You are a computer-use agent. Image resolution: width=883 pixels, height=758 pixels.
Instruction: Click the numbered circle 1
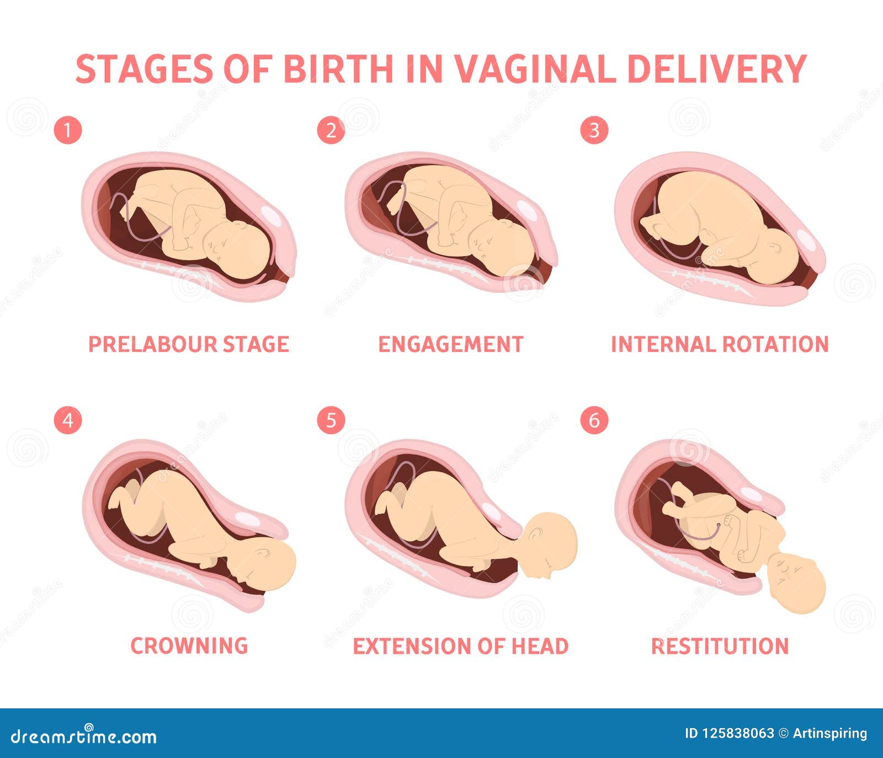tap(68, 131)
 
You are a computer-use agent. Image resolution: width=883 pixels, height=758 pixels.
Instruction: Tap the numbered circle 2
tap(331, 131)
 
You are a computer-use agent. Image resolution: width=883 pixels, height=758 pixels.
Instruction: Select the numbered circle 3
tap(594, 131)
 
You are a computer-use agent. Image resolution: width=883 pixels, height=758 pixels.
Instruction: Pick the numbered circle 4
tap(68, 420)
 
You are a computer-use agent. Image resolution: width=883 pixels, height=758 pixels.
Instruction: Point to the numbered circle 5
tap(331, 420)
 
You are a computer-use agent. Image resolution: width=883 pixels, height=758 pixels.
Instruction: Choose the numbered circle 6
tap(594, 420)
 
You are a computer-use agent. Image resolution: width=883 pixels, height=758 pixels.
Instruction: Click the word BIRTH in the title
tap(338, 69)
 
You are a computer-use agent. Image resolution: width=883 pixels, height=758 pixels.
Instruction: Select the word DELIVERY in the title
tap(717, 69)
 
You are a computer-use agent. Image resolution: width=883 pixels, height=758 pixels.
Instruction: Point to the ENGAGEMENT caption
tap(450, 344)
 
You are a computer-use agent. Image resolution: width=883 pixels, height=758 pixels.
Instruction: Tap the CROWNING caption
tap(189, 645)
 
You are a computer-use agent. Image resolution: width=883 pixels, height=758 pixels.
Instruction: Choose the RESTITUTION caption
tap(720, 646)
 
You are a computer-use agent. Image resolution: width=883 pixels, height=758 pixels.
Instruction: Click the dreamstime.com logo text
tap(83, 735)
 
